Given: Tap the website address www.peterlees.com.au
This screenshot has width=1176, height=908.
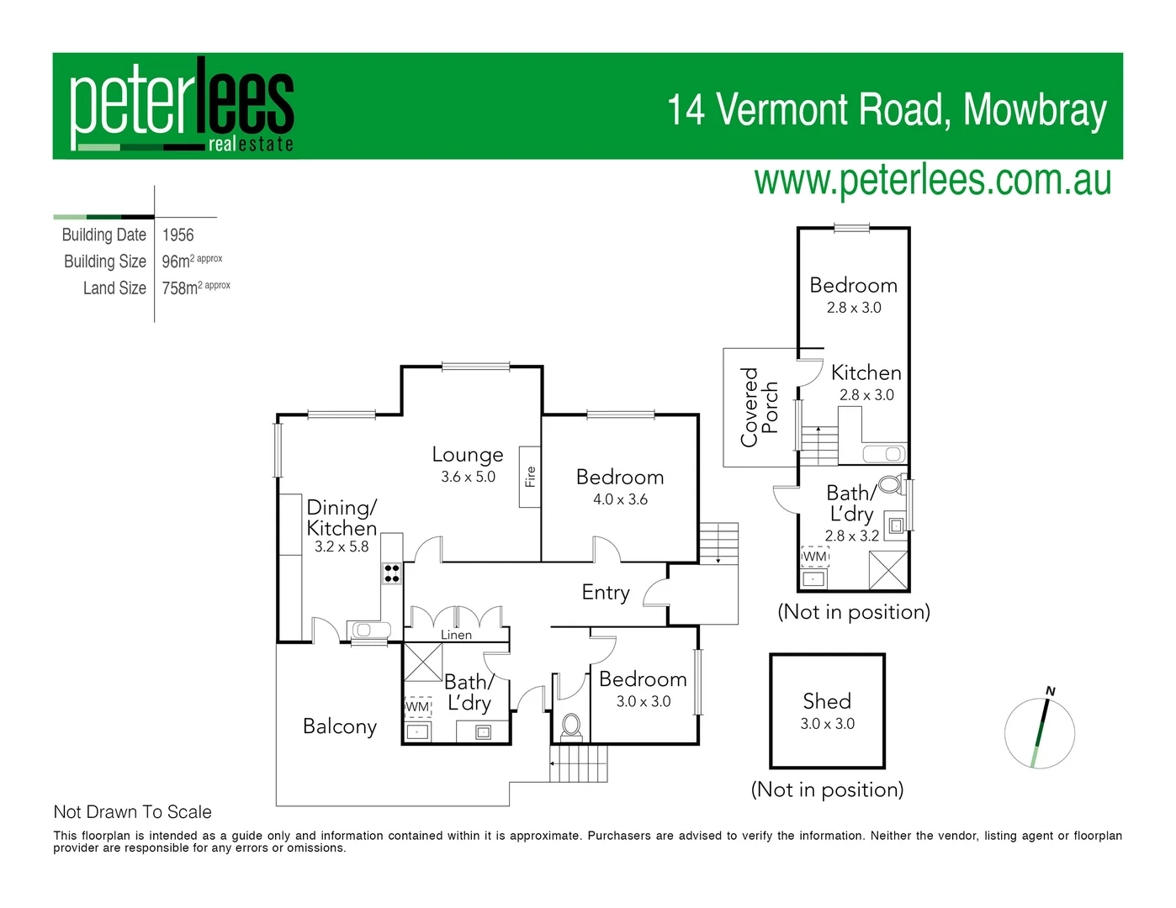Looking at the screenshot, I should tap(932, 181).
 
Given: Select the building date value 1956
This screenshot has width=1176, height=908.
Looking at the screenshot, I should tap(177, 235).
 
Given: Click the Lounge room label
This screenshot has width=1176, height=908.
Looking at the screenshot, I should tap(468, 455).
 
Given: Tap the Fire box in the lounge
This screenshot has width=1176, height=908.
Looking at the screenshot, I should tap(529, 477).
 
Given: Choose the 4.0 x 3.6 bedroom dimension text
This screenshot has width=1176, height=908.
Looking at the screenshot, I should tap(620, 499).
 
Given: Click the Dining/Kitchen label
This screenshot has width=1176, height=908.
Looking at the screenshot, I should tap(342, 518).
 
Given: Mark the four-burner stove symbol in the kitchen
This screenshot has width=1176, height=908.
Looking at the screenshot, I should tap(392, 573).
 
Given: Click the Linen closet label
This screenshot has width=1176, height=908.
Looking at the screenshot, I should tap(456, 635).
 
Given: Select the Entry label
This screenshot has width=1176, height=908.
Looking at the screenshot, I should tap(606, 593).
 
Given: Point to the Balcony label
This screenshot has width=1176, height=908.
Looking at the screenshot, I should tap(340, 726).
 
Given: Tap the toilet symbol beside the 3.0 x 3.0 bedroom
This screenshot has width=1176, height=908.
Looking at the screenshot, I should tap(571, 725).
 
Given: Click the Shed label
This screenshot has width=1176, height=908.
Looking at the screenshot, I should tap(827, 701).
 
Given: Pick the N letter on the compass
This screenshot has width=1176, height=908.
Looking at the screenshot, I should tap(1050, 691).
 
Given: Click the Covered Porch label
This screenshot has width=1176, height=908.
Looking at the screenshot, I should tap(759, 407).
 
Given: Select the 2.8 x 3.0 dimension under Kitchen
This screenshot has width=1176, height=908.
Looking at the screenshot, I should tap(866, 395).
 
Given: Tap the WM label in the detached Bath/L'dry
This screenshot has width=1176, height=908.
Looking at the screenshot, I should tap(814, 557).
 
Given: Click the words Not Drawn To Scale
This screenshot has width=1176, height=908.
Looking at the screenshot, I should tap(132, 812).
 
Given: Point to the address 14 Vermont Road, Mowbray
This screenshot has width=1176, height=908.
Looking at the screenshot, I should tap(887, 110).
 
